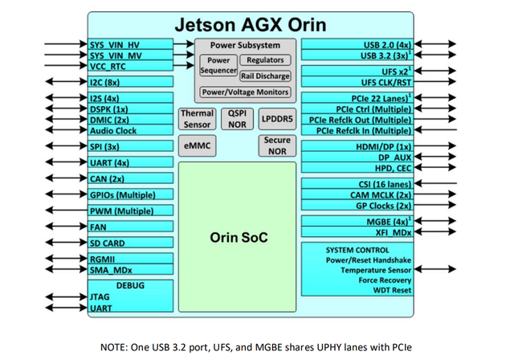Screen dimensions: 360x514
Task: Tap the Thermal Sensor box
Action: pos(197,120)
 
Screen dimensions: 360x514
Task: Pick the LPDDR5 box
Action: pos(275,120)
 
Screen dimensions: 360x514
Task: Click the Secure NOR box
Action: pos(275,145)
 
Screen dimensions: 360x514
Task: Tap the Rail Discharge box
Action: pos(265,76)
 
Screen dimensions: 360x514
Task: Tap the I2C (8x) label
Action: pos(105,82)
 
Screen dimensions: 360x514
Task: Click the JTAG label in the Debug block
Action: pos(99,297)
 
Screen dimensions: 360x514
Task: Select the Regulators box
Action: pos(265,60)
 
